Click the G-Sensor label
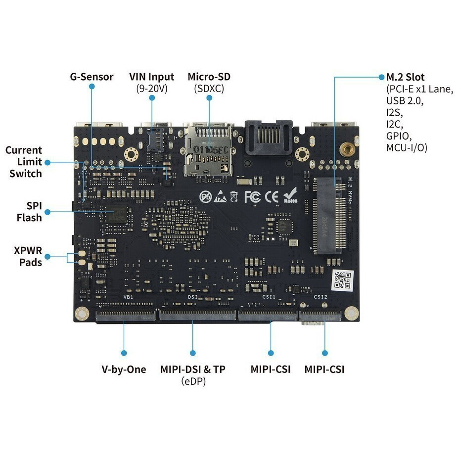pos(91,77)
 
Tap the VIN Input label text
pos(152,77)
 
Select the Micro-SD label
pos(209,77)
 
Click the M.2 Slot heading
pos(405,77)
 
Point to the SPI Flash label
pos(29,211)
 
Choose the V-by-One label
pos(124,369)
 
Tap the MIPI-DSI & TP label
pos(193,369)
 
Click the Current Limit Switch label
pos(23,162)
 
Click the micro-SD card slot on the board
pos(208,151)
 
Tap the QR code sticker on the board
pos(342,280)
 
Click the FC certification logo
pos(252,197)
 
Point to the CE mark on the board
pos(272,197)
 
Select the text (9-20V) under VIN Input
pos(152,89)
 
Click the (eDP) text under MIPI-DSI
pos(193,381)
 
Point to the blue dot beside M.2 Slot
pos(381,77)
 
